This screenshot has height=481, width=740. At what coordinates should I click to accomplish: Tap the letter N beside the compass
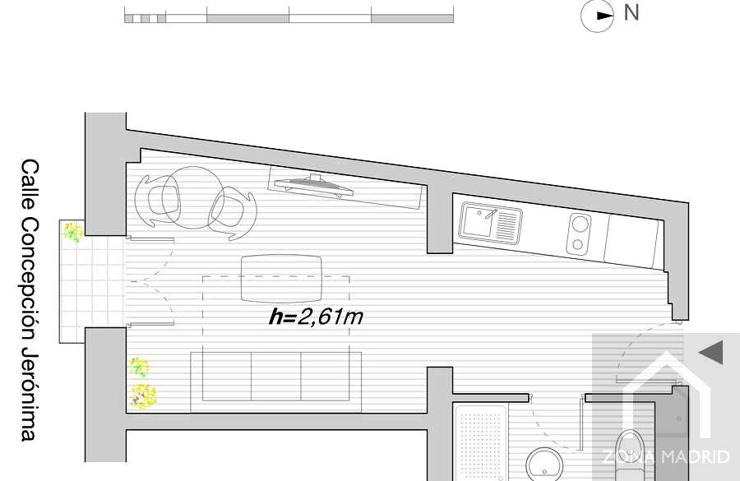coord(631,12)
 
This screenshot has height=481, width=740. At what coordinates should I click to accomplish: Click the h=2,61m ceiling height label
coord(316,317)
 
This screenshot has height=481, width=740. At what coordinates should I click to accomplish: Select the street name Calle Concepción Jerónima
coord(30,300)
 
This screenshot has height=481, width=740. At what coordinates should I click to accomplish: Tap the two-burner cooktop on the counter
coord(579,234)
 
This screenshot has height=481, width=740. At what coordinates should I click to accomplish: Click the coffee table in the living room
coord(281,279)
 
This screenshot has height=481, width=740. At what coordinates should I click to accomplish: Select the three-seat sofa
coord(276,382)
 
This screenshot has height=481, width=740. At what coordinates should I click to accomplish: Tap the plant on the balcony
coord(73,233)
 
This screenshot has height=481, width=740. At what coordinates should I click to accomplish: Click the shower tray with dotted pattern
coord(480,442)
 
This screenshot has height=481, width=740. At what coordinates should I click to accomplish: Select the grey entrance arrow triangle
coord(710,352)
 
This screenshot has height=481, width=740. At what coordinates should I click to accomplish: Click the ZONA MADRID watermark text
coord(666,457)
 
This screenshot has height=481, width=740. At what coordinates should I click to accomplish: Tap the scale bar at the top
coord(289,15)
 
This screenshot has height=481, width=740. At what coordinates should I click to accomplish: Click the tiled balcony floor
coord(92,281)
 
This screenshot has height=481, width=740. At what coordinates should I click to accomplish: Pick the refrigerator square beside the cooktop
coord(631,241)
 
